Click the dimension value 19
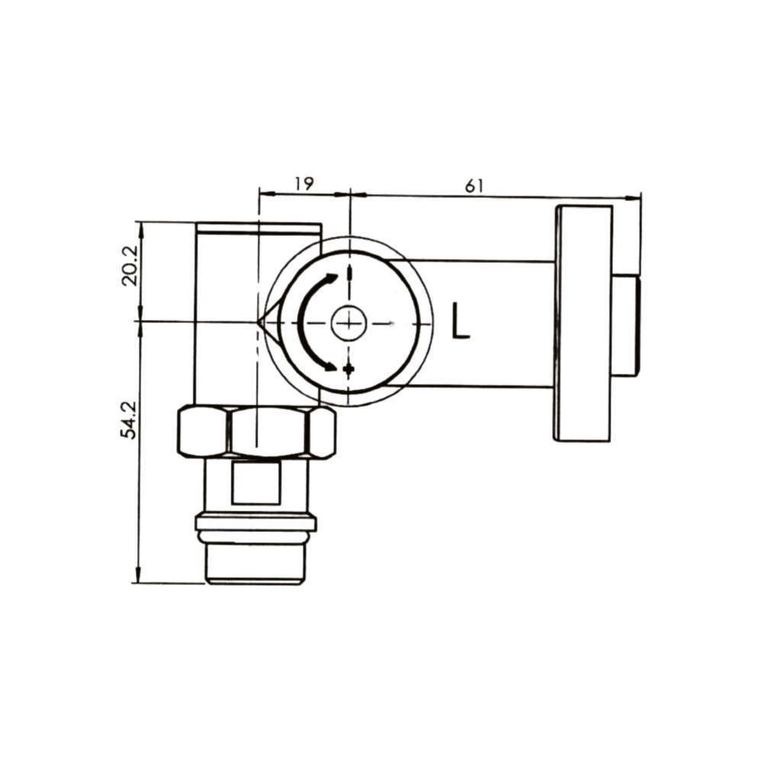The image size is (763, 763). point(304,183)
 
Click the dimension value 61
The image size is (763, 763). point(474,185)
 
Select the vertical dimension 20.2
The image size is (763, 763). point(129,265)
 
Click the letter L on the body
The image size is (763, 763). point(460,321)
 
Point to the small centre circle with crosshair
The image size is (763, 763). point(349,323)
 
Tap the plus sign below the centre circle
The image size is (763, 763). point(349,369)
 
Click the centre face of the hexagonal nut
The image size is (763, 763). point(269,432)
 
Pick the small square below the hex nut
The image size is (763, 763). point(256,484)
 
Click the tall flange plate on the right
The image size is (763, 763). point(583,324)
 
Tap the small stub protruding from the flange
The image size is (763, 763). point(626,326)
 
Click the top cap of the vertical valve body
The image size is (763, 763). point(258,227)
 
